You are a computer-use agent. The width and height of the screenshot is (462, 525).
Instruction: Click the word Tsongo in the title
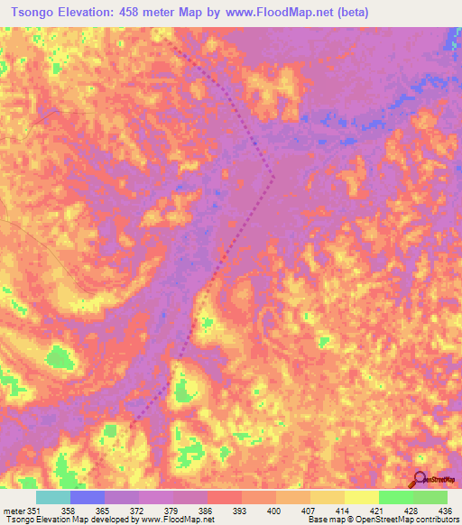pos(32,13)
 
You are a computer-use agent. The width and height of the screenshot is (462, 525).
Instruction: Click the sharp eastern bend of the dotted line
pos(274,178)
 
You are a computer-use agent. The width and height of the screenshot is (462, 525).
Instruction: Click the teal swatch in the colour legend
pos(53,497)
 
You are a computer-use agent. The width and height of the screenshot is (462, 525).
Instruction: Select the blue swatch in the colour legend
pos(88,497)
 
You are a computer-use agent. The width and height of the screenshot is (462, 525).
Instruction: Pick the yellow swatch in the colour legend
pos(361,497)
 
